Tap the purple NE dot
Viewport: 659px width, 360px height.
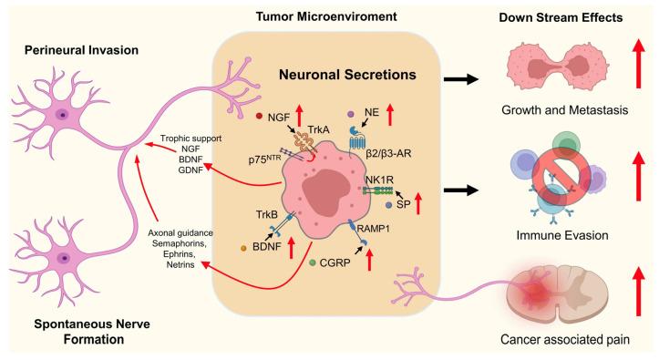coord(351,115)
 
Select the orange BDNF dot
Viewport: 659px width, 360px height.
coord(244,248)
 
